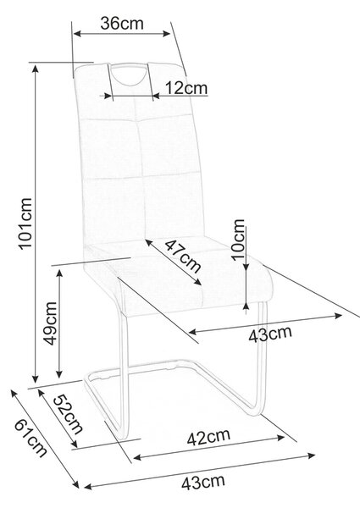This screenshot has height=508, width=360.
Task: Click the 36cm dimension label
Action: click(122, 24)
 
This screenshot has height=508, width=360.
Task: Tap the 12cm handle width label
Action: click(186, 87)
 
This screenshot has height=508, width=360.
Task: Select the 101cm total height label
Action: click(25, 224)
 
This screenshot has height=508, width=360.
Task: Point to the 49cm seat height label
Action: click(50, 323)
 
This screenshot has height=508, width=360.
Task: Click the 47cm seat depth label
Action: click(183, 257)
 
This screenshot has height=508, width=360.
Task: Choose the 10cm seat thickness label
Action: click(238, 240)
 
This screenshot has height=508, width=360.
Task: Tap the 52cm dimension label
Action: click(68, 415)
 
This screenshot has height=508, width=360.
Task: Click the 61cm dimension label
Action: click(30, 438)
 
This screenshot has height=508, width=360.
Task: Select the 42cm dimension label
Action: click(208, 438)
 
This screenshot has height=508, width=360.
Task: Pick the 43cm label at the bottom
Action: click(202, 483)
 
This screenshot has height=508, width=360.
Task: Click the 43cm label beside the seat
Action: click(270, 334)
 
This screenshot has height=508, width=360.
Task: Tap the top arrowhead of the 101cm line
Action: click(36, 69)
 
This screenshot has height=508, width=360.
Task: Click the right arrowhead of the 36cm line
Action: click(167, 33)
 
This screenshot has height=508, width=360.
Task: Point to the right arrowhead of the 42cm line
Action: click(280, 438)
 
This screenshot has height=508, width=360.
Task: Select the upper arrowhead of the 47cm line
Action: click(149, 243)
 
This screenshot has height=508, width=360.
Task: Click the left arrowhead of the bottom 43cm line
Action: click(88, 486)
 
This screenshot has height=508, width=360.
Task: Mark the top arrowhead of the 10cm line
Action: click(246, 266)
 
